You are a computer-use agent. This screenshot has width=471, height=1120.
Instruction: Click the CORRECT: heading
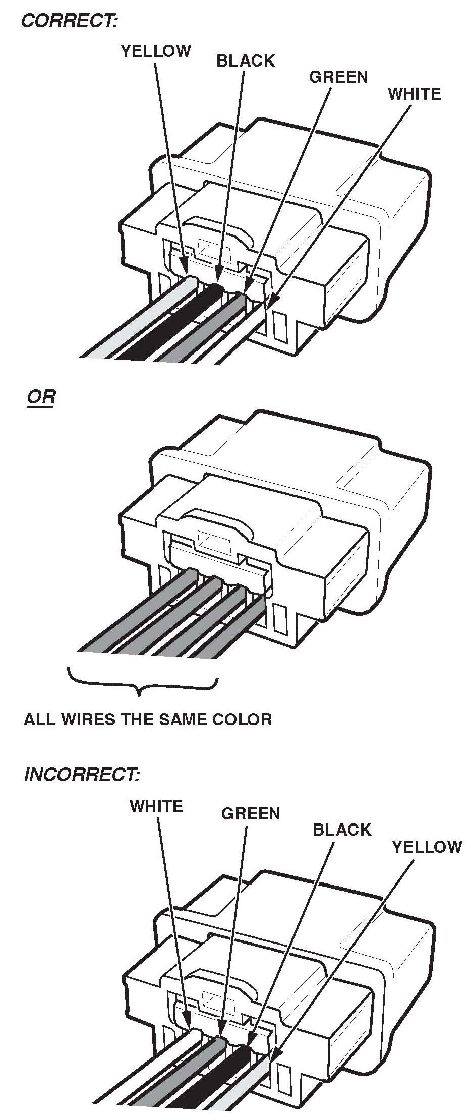(x=70, y=21)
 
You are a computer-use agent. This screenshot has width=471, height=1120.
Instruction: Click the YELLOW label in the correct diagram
(x=156, y=51)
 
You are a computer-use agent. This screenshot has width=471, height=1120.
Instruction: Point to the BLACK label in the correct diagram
(x=246, y=61)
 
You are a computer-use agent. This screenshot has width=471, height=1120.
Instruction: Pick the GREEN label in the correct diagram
(x=338, y=77)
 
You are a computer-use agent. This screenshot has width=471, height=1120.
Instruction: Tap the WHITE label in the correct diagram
(x=414, y=94)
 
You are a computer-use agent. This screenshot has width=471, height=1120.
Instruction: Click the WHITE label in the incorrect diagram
(x=156, y=806)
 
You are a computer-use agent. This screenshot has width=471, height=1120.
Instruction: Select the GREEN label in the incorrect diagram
(x=250, y=813)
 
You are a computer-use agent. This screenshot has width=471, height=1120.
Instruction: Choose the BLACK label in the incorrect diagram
(x=341, y=830)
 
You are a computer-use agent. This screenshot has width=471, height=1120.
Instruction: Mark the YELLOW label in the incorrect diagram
(x=427, y=846)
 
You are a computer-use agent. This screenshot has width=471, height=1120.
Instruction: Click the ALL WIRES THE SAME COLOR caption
(x=148, y=719)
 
